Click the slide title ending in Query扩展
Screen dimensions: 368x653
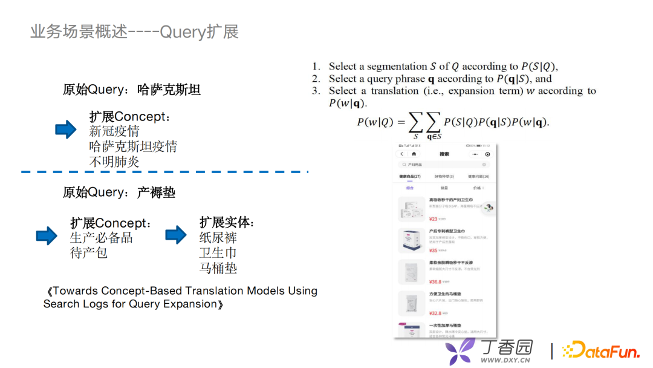(x=134, y=31)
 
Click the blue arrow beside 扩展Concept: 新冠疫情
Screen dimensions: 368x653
(x=66, y=129)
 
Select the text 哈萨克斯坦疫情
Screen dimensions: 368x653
(x=133, y=146)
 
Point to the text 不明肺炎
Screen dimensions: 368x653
(x=114, y=162)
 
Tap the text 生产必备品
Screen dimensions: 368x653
(x=101, y=237)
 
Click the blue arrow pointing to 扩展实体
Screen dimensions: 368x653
(x=176, y=234)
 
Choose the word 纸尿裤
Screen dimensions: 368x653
(x=218, y=237)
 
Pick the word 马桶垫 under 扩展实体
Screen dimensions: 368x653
(x=218, y=268)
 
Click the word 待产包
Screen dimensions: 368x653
(x=89, y=252)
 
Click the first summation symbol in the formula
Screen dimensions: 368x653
(x=415, y=123)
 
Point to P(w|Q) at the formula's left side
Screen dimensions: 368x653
(x=374, y=122)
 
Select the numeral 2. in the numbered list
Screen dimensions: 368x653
(x=316, y=79)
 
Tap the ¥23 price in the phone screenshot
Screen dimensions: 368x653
(x=433, y=219)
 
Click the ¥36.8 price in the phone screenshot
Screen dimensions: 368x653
(x=435, y=282)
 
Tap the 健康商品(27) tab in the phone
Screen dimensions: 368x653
(x=411, y=176)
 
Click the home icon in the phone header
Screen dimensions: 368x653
(x=414, y=154)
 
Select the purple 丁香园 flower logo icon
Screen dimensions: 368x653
(x=460, y=351)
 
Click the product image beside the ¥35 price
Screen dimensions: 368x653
(x=411, y=240)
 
